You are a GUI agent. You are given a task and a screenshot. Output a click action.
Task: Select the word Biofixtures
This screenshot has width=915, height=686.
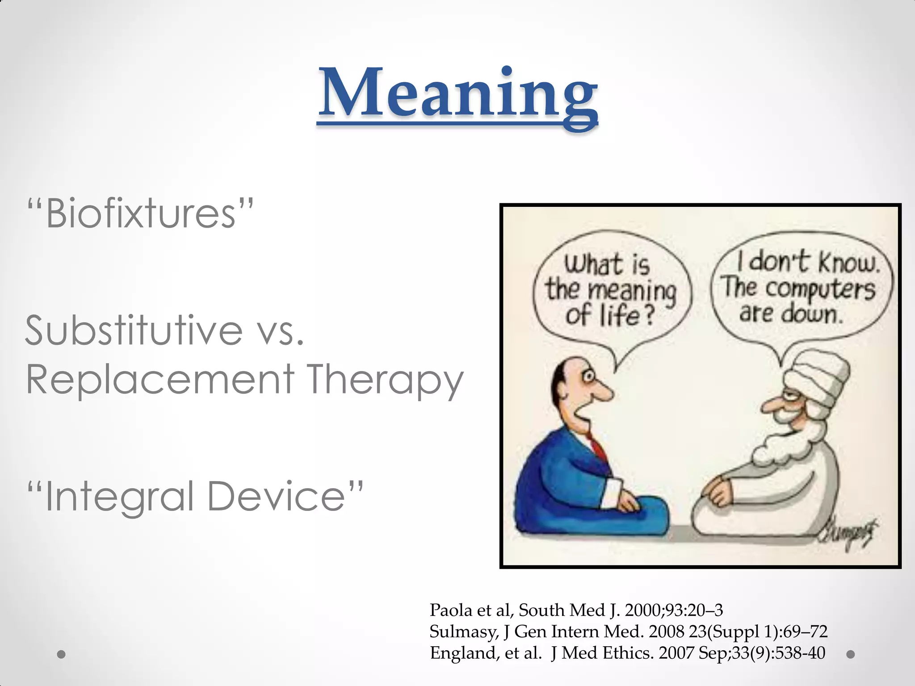[x=140, y=213]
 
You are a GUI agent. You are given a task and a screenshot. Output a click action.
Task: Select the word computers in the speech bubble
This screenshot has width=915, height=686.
[x=820, y=289]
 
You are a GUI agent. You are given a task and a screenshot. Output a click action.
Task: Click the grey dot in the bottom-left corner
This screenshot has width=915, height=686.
[x=62, y=654]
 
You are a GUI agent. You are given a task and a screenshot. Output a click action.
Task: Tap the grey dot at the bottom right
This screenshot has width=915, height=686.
[x=851, y=654]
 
